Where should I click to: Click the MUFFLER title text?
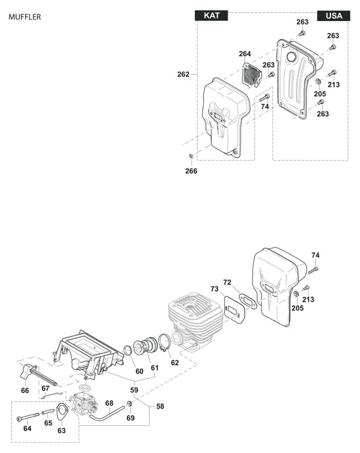[x=24, y=16]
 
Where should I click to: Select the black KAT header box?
[x=211, y=16]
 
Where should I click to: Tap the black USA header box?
[x=334, y=16]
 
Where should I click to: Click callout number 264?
[x=245, y=53]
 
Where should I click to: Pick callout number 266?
[x=192, y=171]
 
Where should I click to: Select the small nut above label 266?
[x=191, y=157]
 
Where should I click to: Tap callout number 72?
[x=227, y=282]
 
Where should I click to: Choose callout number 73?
[x=214, y=289]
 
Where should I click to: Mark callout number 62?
[x=174, y=363]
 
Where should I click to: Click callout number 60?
[x=139, y=371]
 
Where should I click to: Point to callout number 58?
[x=160, y=406]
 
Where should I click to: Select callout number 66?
[x=25, y=390]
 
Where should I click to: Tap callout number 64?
[x=27, y=428]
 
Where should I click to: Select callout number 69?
[x=130, y=418]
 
